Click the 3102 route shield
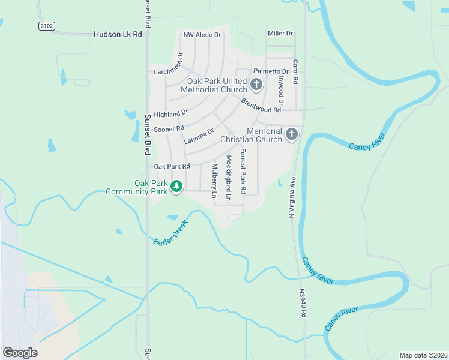(x=46, y=26)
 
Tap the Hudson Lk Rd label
(x=118, y=35)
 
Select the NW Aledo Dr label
(x=202, y=35)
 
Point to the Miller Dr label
(x=280, y=34)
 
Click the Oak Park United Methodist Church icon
(x=256, y=84)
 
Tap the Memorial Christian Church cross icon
(x=292, y=134)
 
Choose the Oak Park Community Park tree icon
(x=176, y=187)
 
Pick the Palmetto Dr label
(x=271, y=71)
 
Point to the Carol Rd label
(x=295, y=71)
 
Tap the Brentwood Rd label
(x=261, y=106)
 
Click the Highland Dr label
(x=171, y=113)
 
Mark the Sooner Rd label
(x=169, y=129)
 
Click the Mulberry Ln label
(x=214, y=181)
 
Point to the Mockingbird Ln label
(x=229, y=178)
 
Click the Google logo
(x=20, y=353)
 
